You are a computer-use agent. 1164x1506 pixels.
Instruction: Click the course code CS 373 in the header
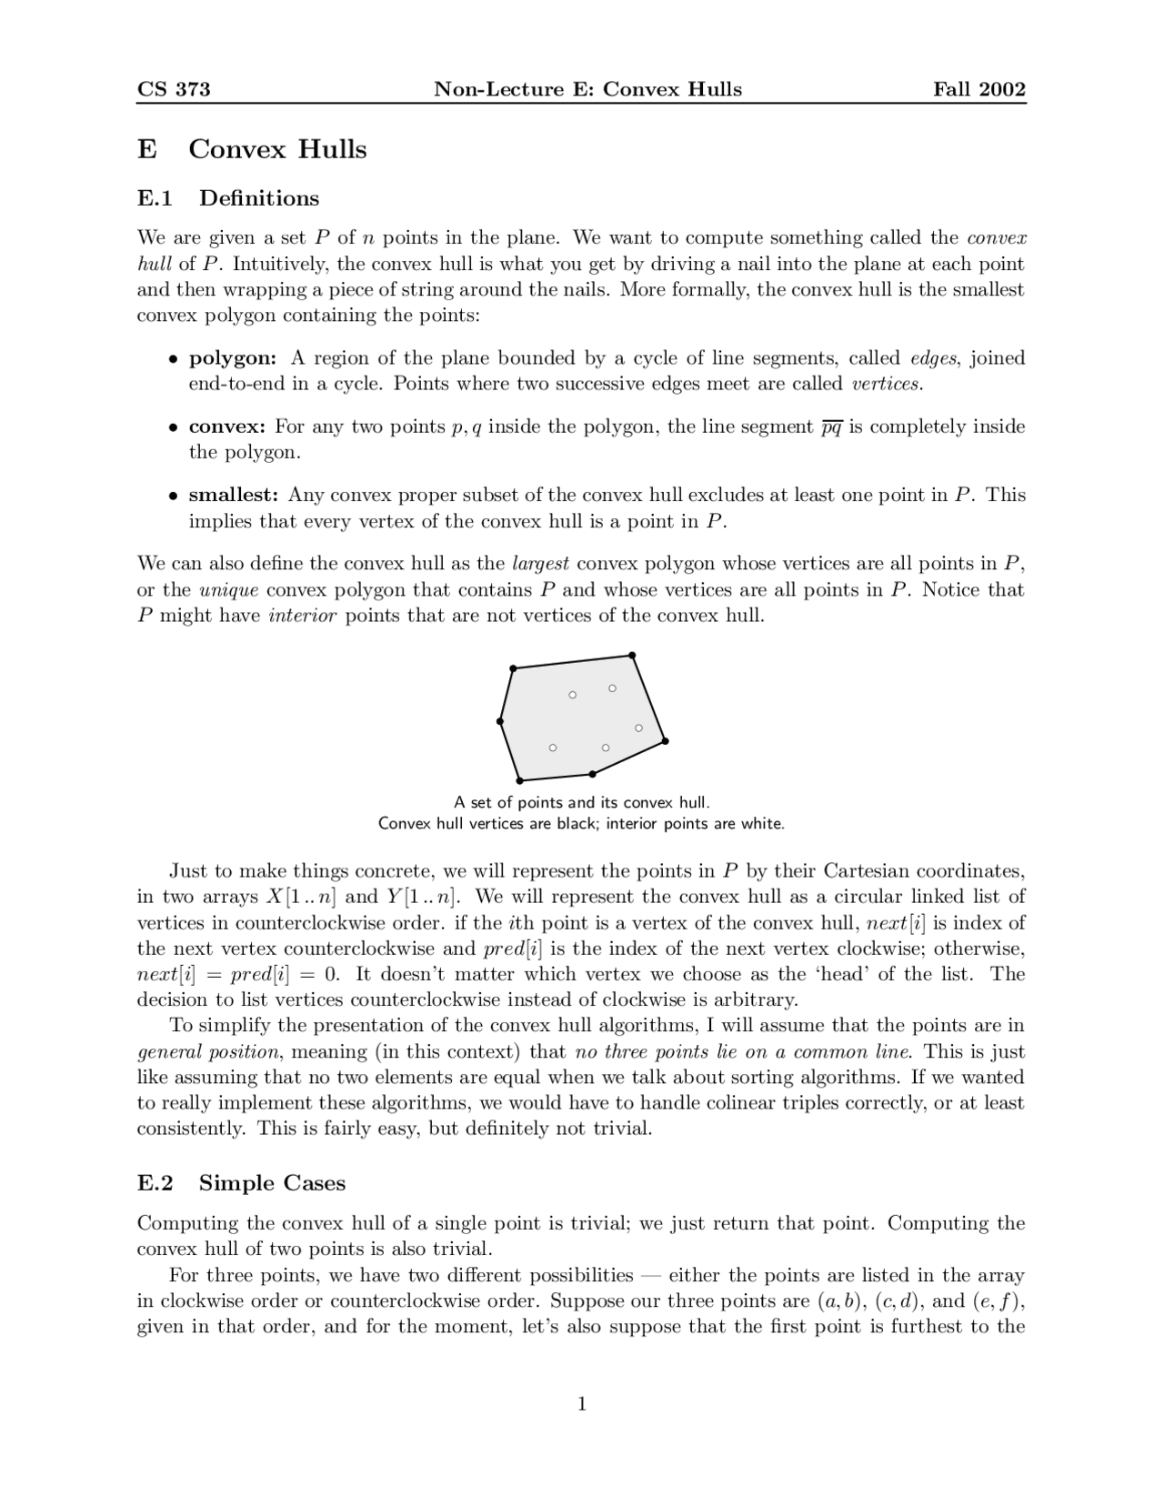(174, 89)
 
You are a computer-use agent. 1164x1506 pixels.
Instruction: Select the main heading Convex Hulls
(277, 149)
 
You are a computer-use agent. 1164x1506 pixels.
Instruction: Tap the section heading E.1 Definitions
(228, 198)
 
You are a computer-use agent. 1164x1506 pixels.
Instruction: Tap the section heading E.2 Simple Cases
(241, 1183)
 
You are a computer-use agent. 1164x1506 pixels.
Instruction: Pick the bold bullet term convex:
(226, 427)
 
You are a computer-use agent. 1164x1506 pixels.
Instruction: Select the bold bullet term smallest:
(233, 496)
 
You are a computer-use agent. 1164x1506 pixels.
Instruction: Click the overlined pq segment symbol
(830, 427)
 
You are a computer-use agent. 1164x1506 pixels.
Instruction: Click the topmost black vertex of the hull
(632, 655)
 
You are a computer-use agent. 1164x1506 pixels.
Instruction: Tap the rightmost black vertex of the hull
(666, 741)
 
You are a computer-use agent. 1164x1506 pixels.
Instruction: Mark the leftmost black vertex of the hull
(500, 721)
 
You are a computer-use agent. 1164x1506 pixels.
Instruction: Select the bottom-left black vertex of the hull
(519, 780)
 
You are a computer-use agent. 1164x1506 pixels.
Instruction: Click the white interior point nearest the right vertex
(638, 728)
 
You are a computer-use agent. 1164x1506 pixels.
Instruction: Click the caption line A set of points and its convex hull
(581, 802)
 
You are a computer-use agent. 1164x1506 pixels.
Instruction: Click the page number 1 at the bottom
(582, 1404)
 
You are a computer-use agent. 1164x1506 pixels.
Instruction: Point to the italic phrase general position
(207, 1052)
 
